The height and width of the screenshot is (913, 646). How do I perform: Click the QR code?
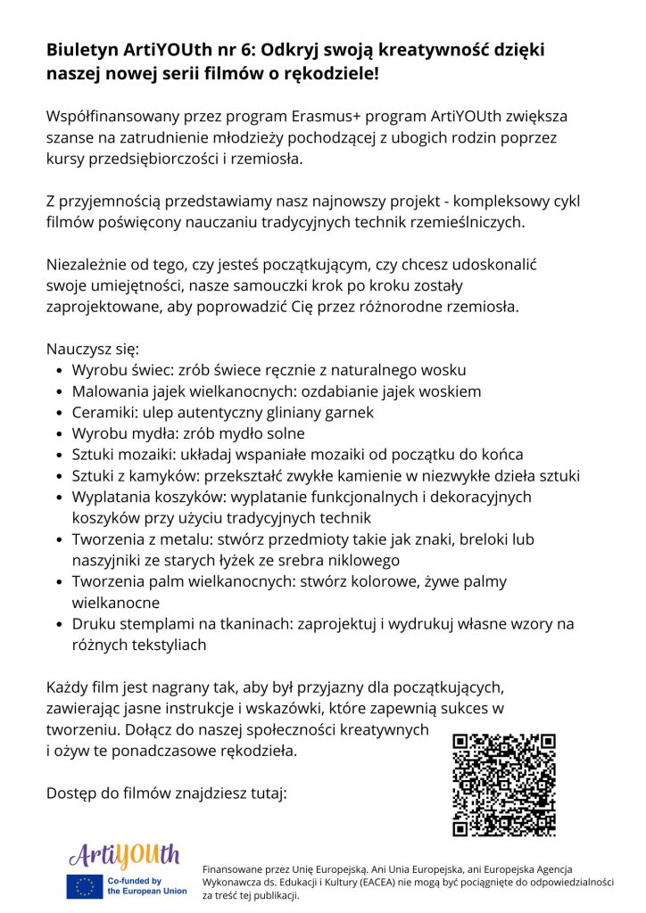pos(504,785)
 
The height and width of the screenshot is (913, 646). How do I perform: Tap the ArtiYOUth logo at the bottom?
pos(124,857)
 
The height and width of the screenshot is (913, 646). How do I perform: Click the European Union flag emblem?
pos(86,886)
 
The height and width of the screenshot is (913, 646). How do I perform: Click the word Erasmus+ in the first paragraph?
pos(330,117)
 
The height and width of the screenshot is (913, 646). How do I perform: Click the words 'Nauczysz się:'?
pos(93,349)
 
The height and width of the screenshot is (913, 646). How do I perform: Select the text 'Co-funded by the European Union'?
pos(147,886)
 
